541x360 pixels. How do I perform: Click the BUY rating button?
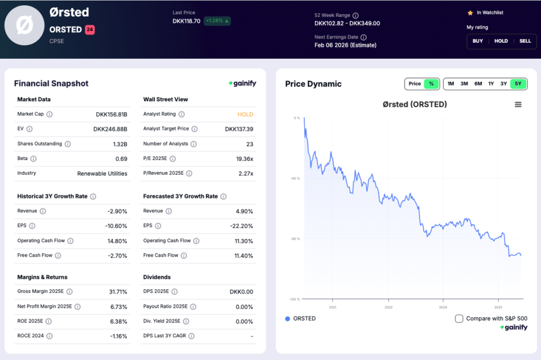click(x=478, y=41)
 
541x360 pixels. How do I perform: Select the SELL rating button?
click(x=525, y=41)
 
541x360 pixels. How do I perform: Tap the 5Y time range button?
click(x=518, y=83)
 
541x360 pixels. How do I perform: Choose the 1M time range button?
click(x=450, y=83)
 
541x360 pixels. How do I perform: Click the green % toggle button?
click(x=432, y=83)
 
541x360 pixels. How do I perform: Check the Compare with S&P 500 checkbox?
click(x=459, y=318)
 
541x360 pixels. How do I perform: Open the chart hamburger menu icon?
click(x=518, y=105)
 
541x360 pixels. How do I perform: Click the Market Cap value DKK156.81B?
click(x=111, y=114)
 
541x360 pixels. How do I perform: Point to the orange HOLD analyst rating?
click(x=245, y=114)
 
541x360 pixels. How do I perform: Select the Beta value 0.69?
click(x=122, y=158)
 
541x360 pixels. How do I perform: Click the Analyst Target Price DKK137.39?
click(x=239, y=129)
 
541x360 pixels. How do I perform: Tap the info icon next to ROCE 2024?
click(x=49, y=336)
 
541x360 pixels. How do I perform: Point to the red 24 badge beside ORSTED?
click(x=90, y=30)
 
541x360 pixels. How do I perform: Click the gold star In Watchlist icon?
click(x=470, y=13)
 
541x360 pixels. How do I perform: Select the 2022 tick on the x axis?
click(x=388, y=307)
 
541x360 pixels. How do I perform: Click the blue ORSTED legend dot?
click(x=287, y=318)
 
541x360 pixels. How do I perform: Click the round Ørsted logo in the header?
click(x=24, y=25)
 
